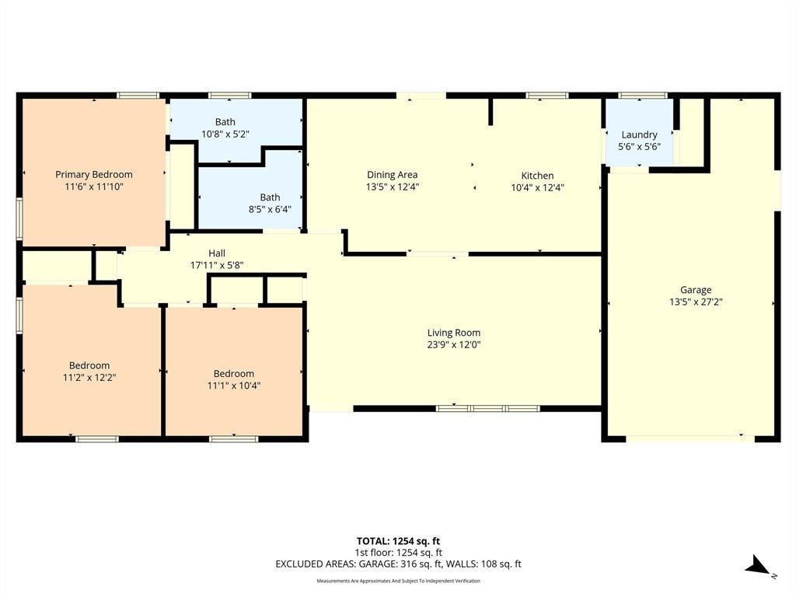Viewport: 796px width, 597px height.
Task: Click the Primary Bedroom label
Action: (x=94, y=175)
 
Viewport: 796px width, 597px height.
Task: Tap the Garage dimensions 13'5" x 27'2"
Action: (x=696, y=302)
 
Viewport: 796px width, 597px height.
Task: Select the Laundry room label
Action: (x=639, y=134)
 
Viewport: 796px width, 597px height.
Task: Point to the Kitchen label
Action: (x=537, y=176)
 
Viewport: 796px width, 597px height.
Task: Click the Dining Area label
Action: (x=393, y=175)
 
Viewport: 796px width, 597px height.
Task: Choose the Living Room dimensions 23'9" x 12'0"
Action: (x=454, y=344)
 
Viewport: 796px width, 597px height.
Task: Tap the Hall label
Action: (x=217, y=253)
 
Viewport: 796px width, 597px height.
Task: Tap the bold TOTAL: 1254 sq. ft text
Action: (x=399, y=541)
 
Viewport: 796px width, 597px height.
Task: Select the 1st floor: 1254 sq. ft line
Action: (x=399, y=553)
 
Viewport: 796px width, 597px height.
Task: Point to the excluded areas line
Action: (x=399, y=564)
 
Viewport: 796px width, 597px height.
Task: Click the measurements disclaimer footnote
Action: (x=399, y=581)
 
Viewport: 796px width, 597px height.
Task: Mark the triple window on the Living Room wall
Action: (x=488, y=408)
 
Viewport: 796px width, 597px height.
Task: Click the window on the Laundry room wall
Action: (x=643, y=96)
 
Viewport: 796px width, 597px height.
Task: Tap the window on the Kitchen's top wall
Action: (x=547, y=96)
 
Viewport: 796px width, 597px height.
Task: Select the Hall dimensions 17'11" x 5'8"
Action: (x=217, y=265)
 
